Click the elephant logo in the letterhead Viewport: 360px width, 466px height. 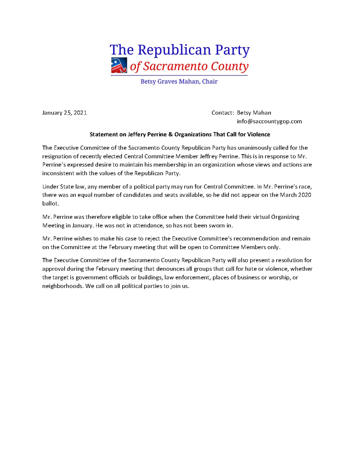pos(119,65)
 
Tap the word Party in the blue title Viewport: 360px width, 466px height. pos(232,50)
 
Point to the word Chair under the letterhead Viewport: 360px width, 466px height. pos(210,81)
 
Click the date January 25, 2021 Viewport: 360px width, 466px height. pos(64,113)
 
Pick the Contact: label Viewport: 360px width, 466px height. pos(223,113)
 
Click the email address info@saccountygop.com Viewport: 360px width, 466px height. pos(269,121)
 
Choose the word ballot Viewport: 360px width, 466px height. pos(50,204)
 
